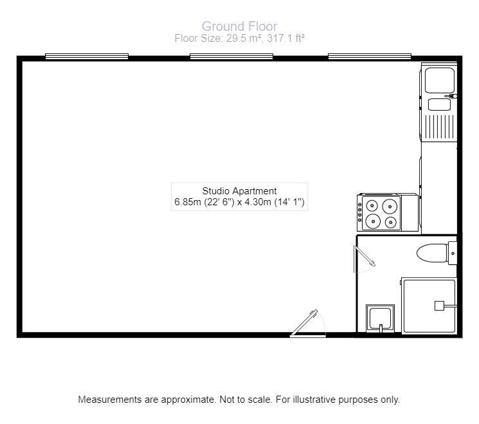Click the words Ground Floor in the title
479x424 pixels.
click(239, 26)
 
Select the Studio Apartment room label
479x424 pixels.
click(239, 191)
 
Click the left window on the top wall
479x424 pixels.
click(87, 57)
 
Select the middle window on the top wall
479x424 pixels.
click(231, 57)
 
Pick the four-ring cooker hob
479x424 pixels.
click(384, 214)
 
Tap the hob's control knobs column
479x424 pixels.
click(361, 214)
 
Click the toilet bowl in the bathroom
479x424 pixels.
click(431, 253)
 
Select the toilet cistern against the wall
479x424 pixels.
click(453, 253)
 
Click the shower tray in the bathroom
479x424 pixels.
click(429, 306)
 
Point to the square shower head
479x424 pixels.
click(440, 306)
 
